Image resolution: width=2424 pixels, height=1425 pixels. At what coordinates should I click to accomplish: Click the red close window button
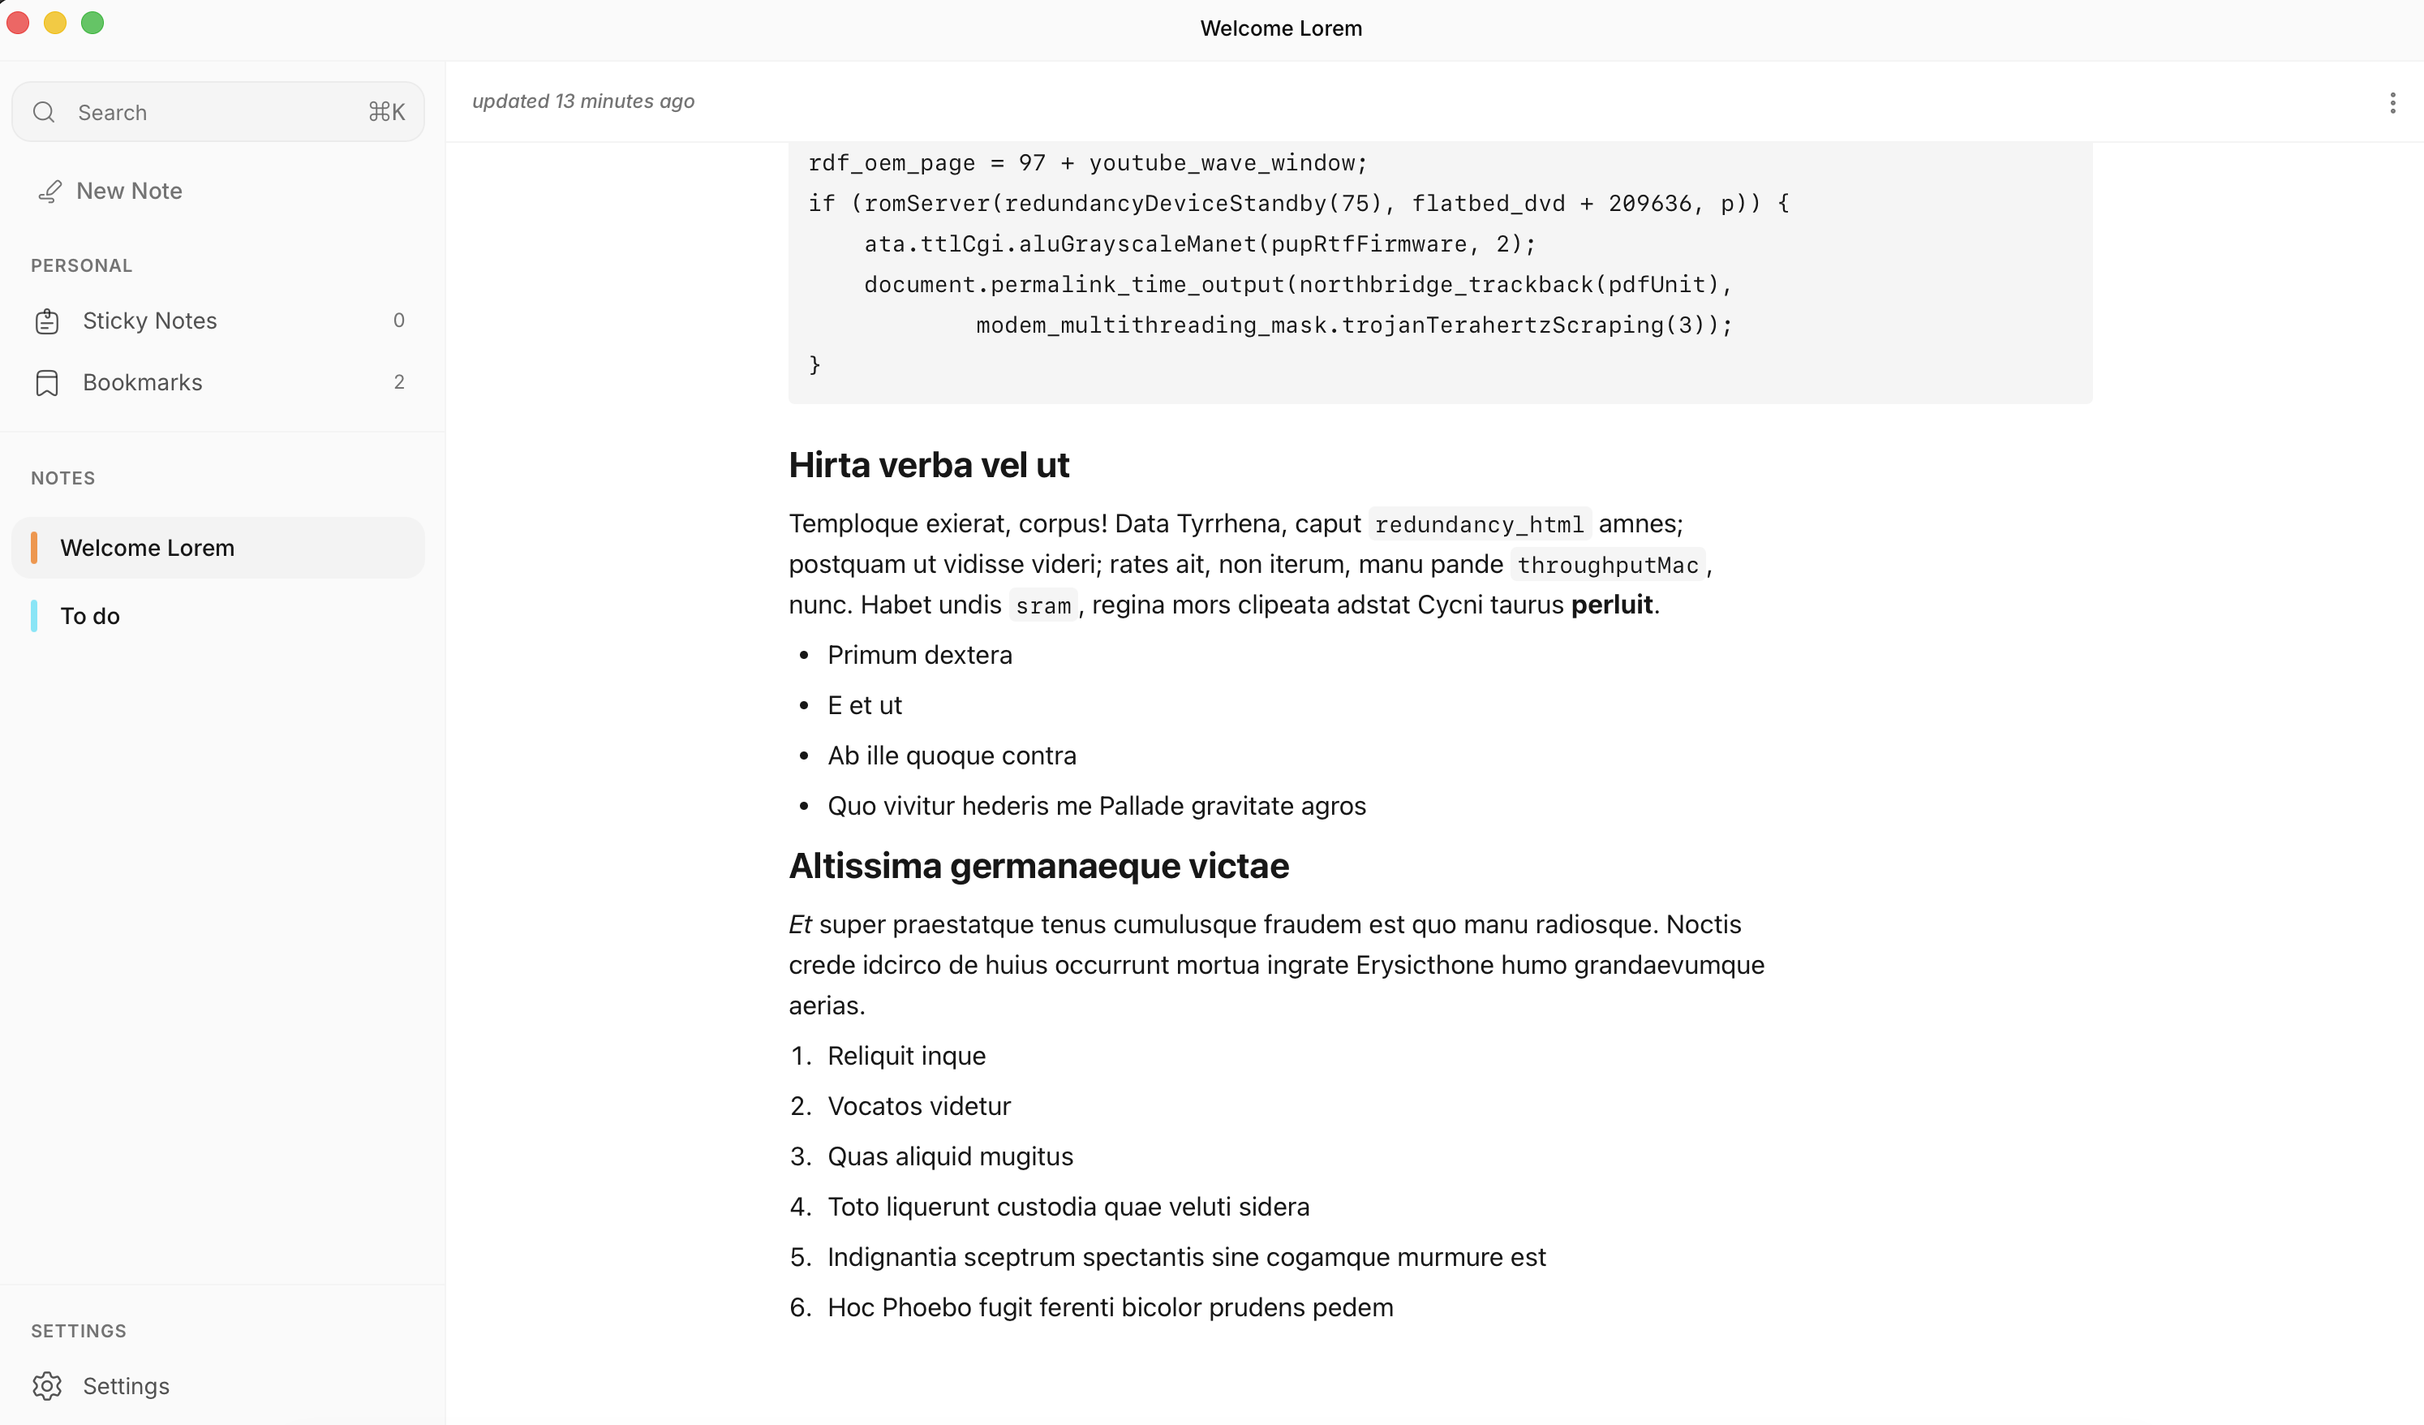[x=19, y=23]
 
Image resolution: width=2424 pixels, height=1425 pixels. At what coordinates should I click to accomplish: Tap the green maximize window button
[x=92, y=23]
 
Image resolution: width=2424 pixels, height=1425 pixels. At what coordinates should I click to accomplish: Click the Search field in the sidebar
[x=217, y=113]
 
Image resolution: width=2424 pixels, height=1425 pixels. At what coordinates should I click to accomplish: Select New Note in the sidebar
[x=129, y=191]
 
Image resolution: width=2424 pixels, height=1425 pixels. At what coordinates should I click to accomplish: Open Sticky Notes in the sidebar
[x=149, y=321]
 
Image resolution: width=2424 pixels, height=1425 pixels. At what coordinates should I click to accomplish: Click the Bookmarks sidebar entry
[x=142, y=382]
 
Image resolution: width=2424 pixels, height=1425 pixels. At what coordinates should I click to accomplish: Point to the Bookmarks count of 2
[x=399, y=382]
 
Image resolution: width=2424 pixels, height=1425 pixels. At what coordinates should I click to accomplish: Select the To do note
[x=90, y=616]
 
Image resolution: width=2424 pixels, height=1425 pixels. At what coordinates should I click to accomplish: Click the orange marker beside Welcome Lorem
[x=35, y=548]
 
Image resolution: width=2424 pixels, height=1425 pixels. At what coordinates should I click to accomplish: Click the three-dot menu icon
[x=2392, y=103]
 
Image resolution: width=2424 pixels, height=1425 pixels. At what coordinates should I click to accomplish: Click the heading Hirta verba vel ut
[x=928, y=466]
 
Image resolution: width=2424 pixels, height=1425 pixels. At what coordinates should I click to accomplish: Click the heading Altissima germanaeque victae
[x=1038, y=866]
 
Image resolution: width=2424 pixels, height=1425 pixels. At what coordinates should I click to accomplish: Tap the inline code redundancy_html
[x=1478, y=524]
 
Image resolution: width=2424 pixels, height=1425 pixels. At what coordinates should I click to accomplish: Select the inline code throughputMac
[x=1607, y=565]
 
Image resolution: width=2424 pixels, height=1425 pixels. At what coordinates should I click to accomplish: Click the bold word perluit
[x=1611, y=605]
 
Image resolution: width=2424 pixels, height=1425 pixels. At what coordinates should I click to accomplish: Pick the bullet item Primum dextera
[x=920, y=655]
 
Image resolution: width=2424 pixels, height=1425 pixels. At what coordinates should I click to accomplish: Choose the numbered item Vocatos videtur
[x=918, y=1107]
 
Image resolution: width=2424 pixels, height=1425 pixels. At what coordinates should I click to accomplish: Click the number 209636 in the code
[x=1650, y=204]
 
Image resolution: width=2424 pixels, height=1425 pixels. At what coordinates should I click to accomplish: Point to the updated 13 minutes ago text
[x=583, y=101]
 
